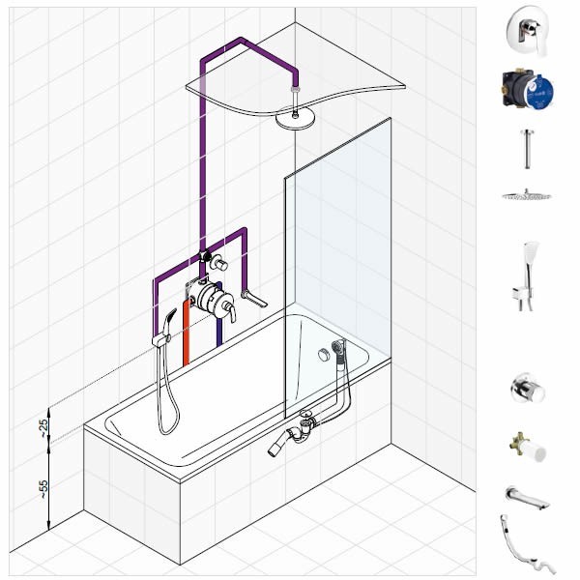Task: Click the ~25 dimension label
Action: click(43, 428)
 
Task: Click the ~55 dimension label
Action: click(43, 489)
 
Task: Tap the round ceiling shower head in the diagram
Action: click(295, 118)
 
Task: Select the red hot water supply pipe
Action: click(186, 333)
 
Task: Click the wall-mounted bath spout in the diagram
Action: click(254, 299)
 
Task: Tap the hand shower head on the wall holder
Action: click(168, 321)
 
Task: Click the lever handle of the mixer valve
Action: click(229, 310)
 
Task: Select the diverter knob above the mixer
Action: click(219, 263)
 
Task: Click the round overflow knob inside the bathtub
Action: click(324, 355)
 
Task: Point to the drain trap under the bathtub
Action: click(296, 432)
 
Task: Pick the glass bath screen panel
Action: click(337, 268)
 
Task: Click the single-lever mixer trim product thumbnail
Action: click(528, 31)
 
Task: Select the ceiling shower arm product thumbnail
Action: click(527, 149)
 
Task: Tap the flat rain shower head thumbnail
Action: click(527, 195)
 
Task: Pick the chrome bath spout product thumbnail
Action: click(527, 498)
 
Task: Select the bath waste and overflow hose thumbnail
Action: click(527, 544)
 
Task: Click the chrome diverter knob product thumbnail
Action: click(528, 388)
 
